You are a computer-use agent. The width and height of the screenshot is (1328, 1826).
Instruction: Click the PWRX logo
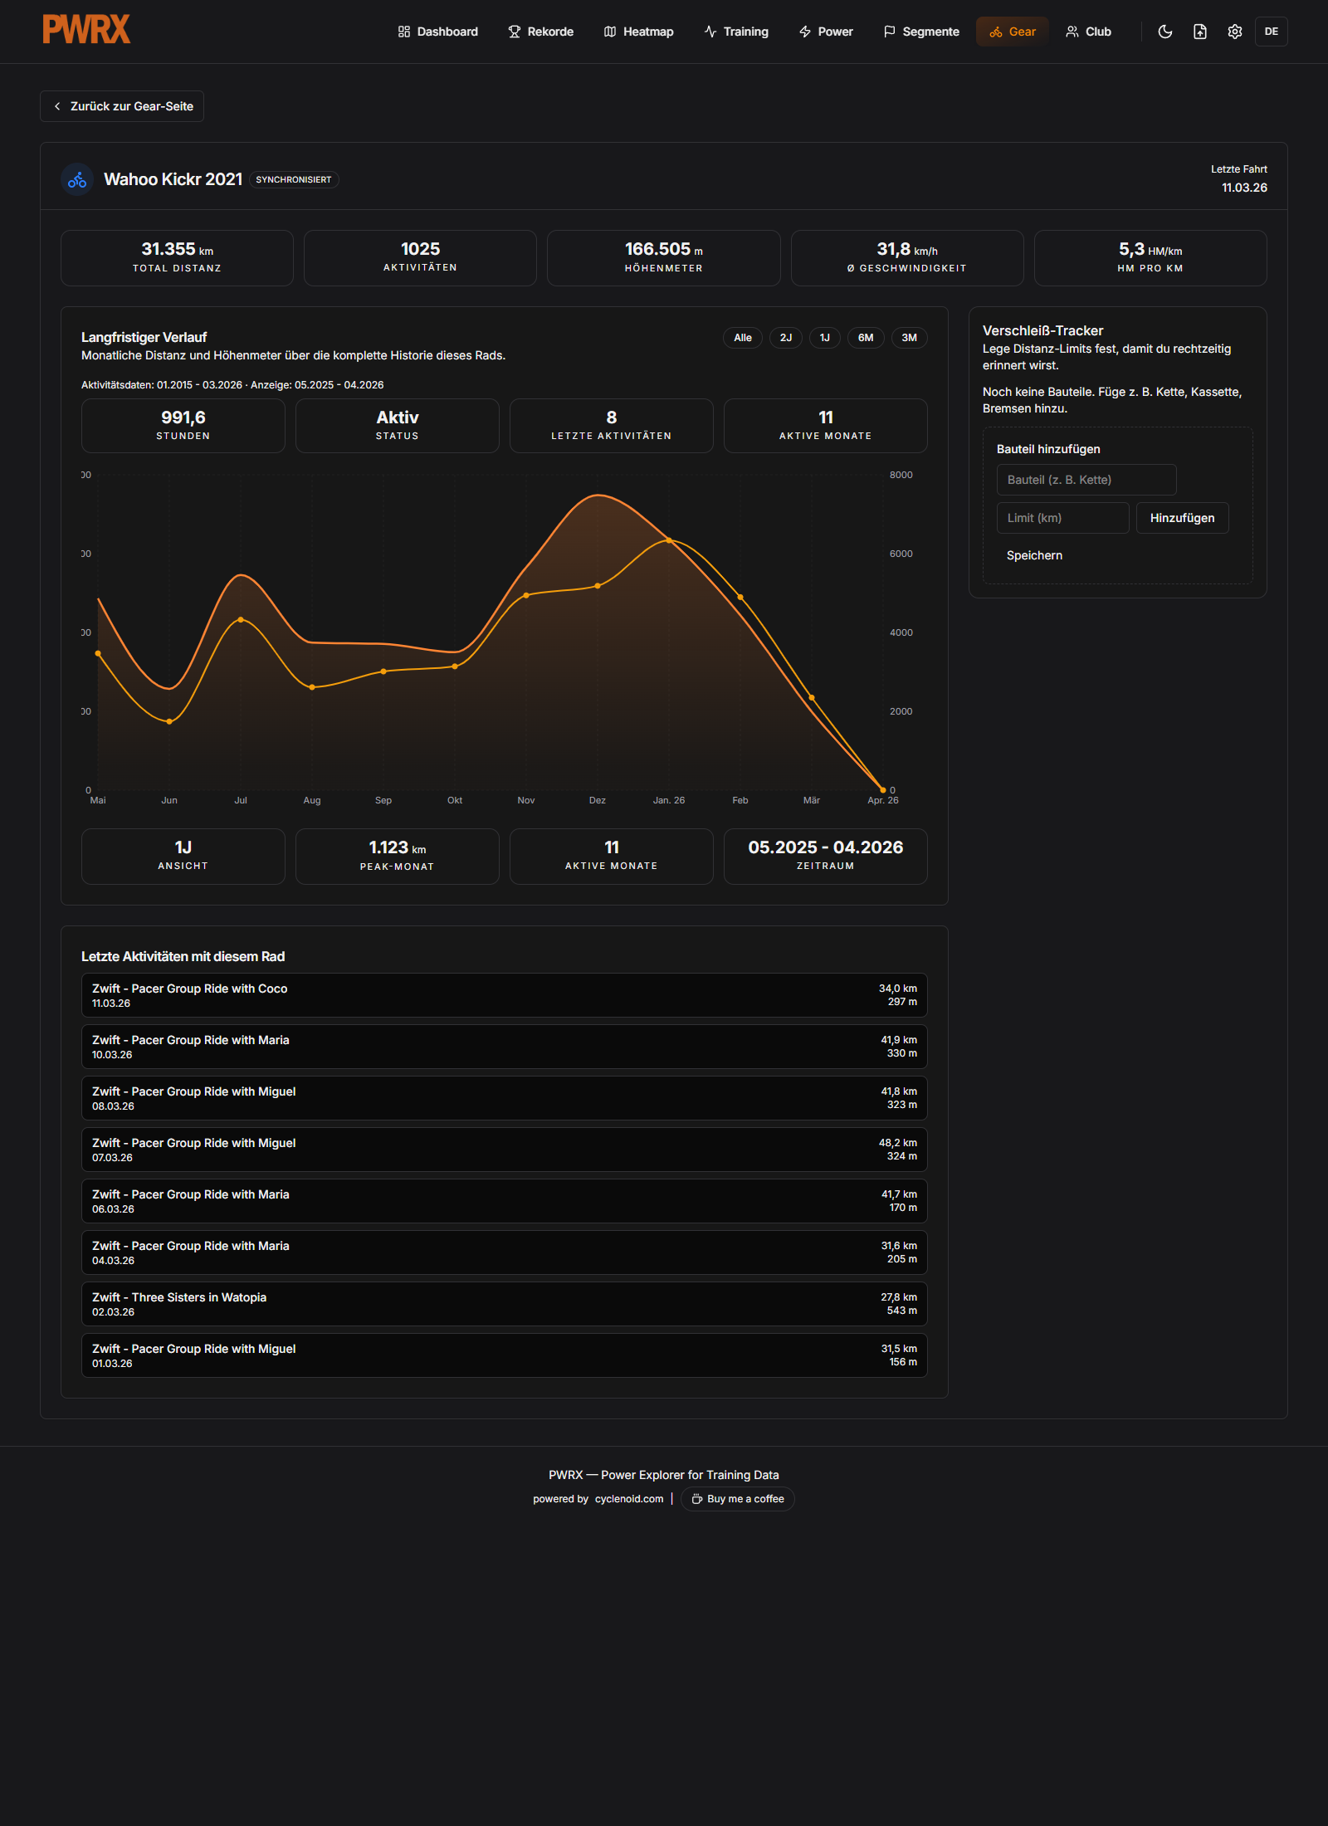(86, 30)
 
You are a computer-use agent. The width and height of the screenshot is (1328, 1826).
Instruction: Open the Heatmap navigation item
(638, 32)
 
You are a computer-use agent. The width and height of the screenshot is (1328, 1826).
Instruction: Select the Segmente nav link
(921, 32)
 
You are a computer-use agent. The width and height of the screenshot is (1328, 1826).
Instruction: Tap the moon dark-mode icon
(1165, 32)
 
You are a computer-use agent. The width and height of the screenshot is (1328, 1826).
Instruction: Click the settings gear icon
(1235, 32)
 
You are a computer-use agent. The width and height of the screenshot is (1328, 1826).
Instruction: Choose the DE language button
(1271, 32)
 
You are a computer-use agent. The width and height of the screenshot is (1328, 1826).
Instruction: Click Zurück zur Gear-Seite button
(122, 106)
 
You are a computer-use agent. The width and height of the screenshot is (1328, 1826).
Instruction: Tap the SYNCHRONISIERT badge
(294, 180)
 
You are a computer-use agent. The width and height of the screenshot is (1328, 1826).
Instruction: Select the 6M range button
(866, 338)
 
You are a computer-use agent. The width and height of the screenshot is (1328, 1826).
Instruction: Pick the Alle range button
(743, 338)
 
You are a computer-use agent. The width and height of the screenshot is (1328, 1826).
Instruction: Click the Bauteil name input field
(1086, 480)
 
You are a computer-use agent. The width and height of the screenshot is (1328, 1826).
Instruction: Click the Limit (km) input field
(1062, 518)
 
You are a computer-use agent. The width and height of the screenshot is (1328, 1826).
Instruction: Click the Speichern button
(1034, 555)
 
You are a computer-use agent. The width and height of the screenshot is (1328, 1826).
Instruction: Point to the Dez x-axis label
(598, 800)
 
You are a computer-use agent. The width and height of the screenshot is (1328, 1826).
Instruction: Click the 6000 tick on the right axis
(901, 554)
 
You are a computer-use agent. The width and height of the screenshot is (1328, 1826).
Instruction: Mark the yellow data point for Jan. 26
(669, 540)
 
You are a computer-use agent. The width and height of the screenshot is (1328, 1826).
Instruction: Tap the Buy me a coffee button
(738, 1499)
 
